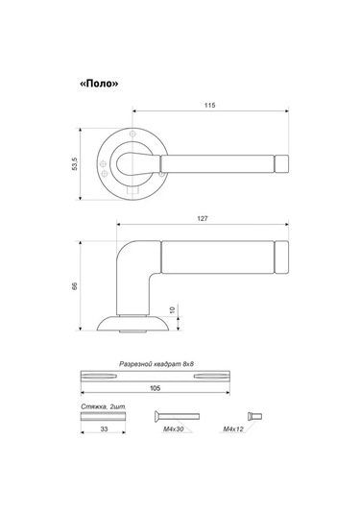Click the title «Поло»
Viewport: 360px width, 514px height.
[99, 84]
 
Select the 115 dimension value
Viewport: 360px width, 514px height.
[210, 106]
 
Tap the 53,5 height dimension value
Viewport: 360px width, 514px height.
[75, 164]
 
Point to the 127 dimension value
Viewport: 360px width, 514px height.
[203, 219]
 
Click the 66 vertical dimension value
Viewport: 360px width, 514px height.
[75, 285]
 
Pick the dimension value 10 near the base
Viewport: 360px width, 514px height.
[173, 309]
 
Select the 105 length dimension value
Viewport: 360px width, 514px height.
[155, 388]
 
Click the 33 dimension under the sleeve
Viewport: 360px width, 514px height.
[104, 428]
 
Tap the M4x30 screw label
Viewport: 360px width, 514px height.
[174, 428]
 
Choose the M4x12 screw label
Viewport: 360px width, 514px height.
[233, 428]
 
